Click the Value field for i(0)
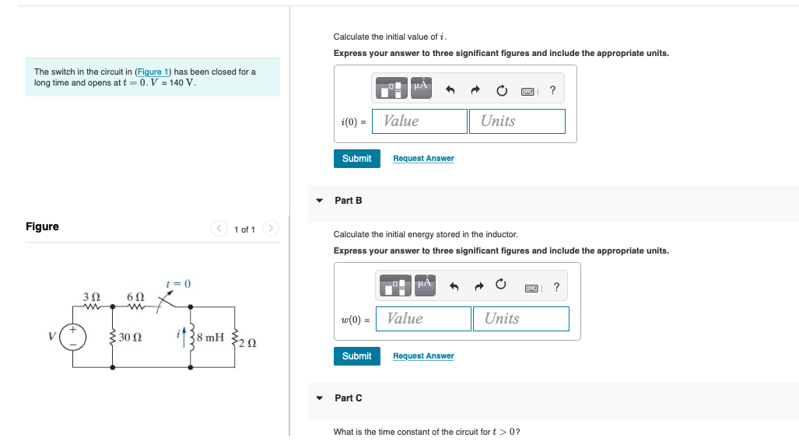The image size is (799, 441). pos(420,121)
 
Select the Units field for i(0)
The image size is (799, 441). pos(517,121)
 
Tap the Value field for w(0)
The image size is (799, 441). pos(424,319)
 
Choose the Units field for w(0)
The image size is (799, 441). pos(520,319)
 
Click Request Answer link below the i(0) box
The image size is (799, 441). pos(423,159)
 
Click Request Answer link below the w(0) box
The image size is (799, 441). pos(423,356)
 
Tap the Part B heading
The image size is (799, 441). pos(348,201)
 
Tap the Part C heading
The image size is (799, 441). pos(348,398)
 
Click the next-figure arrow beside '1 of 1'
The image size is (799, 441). pos(270,229)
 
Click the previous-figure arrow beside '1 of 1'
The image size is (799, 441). pos(219,229)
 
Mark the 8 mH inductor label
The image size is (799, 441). pos(210,338)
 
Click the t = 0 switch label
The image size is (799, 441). pos(178,284)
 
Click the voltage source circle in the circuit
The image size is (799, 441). pos(75,338)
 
